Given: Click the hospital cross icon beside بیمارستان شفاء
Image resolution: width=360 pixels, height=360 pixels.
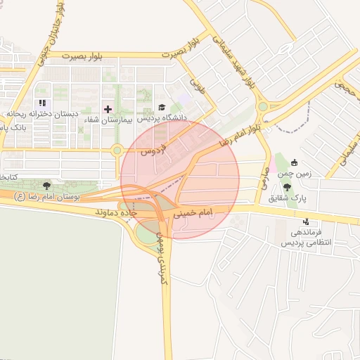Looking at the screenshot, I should [108, 109].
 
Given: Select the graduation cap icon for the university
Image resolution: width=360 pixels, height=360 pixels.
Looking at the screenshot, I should [162, 108].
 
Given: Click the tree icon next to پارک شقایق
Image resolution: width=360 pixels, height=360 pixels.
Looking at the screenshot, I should [288, 187].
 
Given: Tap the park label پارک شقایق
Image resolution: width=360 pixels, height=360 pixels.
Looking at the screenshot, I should [288, 199].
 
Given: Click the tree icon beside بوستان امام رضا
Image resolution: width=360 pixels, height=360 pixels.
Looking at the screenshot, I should [46, 186].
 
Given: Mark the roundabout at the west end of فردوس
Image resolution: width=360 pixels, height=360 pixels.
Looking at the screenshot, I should [117, 149].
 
